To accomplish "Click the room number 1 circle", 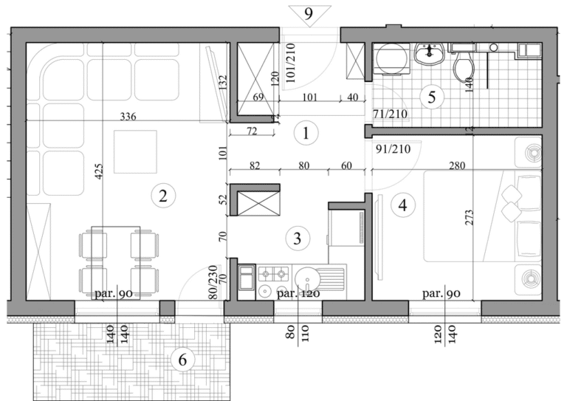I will [305, 134].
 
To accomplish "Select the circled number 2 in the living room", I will [162, 196].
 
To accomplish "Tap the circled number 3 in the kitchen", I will [296, 239].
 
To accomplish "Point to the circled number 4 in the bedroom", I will [402, 205].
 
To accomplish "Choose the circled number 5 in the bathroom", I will [432, 96].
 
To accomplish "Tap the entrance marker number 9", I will [309, 13].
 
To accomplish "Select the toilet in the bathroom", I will [463, 69].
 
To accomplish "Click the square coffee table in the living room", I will [135, 151].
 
